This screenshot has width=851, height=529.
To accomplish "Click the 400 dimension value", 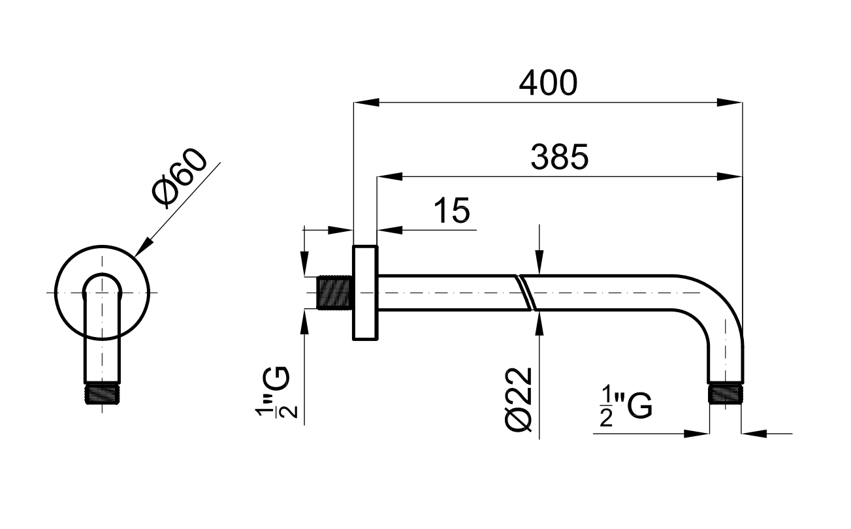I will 548,83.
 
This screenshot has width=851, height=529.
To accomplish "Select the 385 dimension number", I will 560,157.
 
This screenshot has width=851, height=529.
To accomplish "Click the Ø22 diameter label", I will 521,400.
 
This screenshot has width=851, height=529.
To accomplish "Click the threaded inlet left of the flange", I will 334,294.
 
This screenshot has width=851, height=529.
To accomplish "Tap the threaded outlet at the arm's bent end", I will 726,394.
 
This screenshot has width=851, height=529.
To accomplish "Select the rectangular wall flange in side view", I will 365,293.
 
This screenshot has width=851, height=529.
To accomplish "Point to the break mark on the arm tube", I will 526,293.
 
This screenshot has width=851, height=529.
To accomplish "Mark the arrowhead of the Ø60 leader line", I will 143,246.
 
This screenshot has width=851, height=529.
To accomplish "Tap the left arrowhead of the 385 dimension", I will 389,176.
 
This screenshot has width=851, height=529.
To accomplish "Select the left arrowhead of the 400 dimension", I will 366,102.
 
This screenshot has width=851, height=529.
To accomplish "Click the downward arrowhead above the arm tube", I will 539,264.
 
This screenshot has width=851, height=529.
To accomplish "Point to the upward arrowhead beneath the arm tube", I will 539,322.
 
